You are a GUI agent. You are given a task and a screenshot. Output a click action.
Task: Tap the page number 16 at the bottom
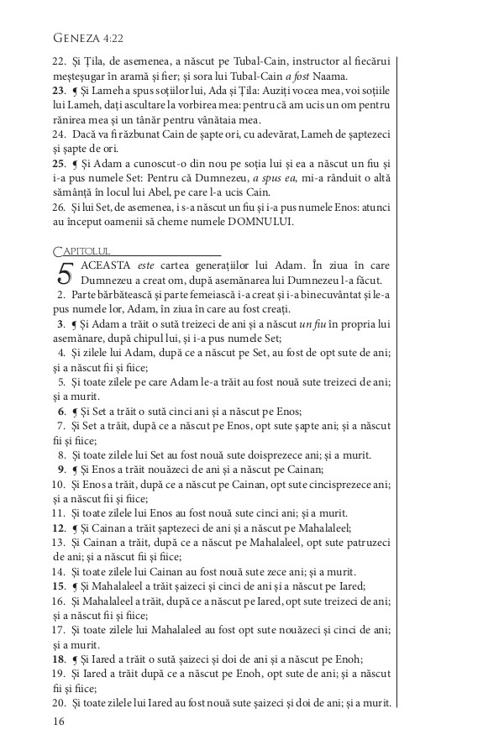pos(59,721)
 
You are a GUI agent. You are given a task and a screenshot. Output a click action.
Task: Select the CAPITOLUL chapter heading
pos(81,250)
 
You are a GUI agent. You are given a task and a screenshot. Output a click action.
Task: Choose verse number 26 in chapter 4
pos(59,207)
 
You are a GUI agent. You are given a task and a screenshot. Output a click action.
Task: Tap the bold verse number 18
pos(59,659)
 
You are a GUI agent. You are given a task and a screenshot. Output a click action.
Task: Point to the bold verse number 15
pos(59,585)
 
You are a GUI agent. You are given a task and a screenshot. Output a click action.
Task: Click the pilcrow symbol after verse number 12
pos(75,528)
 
